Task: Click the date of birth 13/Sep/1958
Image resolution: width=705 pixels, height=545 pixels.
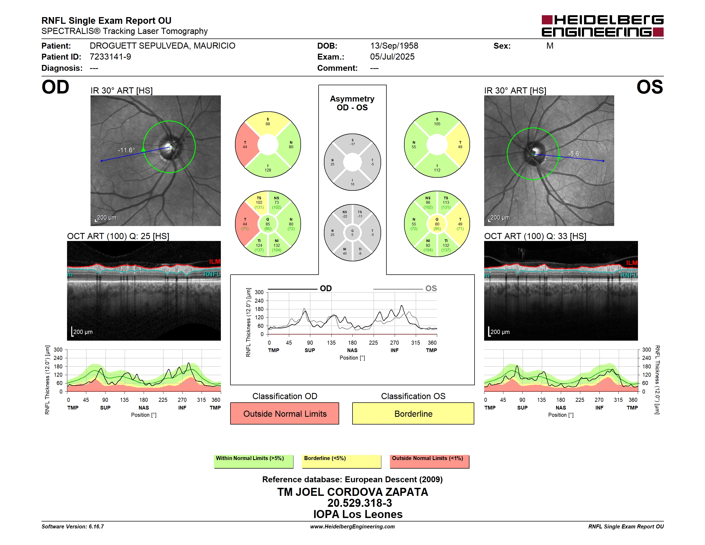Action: (x=394, y=46)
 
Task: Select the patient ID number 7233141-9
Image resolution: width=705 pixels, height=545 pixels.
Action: (x=110, y=57)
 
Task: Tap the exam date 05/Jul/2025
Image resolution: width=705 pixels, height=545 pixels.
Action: (x=392, y=57)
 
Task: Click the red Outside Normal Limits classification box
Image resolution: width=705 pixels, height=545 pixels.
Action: (x=285, y=413)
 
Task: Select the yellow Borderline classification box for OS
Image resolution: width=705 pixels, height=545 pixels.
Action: (x=413, y=413)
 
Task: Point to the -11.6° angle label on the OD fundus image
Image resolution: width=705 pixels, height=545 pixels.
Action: (x=126, y=150)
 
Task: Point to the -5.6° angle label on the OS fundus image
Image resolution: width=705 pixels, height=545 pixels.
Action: (x=575, y=154)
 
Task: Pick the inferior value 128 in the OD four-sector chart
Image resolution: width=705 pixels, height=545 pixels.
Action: (x=268, y=170)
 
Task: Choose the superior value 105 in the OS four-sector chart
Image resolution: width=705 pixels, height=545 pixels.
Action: (x=437, y=124)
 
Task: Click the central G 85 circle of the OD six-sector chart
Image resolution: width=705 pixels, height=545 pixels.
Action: (x=268, y=224)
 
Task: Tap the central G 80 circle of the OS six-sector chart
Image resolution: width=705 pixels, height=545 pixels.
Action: (x=437, y=224)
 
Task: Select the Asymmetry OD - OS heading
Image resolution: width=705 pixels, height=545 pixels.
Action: (x=352, y=103)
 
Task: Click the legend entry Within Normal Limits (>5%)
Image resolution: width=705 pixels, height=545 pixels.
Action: (x=250, y=458)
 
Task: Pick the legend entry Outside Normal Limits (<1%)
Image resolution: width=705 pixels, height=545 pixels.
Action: (x=427, y=458)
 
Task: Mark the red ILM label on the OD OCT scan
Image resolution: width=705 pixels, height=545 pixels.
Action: (x=215, y=262)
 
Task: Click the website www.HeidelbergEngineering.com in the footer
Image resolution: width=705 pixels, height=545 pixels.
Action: (x=352, y=527)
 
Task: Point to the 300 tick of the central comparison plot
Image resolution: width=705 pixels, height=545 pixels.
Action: (x=259, y=292)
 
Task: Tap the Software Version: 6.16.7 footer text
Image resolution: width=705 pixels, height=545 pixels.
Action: (x=73, y=527)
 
